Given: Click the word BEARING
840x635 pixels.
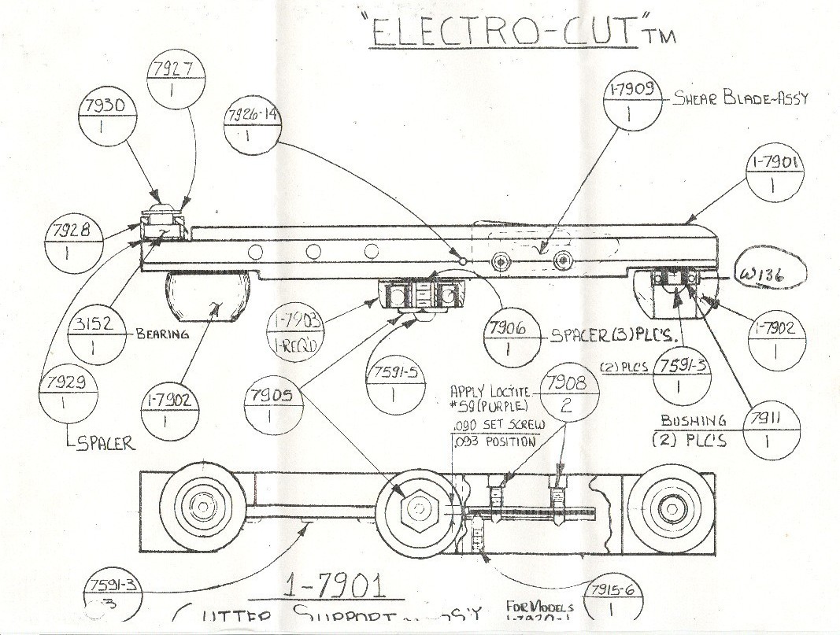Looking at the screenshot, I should pos(162,334).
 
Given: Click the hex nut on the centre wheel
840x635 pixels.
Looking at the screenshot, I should pos(417,509).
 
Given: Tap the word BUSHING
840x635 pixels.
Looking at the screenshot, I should pos(693,421).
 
